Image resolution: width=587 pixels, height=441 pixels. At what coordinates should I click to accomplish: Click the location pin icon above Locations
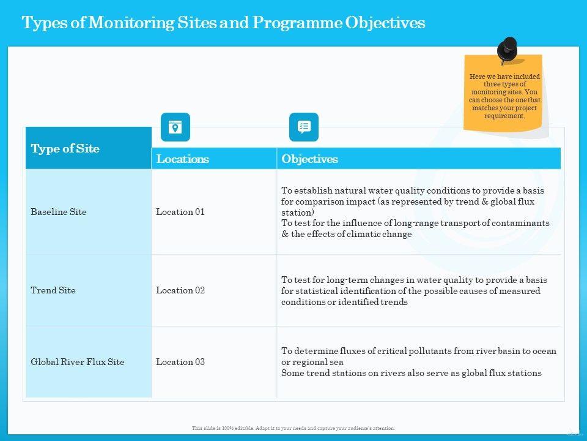coord(175,127)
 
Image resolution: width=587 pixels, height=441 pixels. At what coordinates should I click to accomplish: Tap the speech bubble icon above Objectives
coord(304,127)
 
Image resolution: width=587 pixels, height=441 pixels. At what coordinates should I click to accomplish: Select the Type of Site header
coord(65,149)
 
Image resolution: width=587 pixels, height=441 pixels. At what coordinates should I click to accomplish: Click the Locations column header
coord(182,159)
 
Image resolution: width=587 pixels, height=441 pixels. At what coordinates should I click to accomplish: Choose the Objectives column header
coord(309,159)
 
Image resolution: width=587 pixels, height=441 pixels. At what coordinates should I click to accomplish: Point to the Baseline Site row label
coord(59,212)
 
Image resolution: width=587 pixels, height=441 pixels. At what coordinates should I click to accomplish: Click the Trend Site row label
coord(53,290)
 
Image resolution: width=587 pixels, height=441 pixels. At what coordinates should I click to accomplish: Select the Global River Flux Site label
coord(78,362)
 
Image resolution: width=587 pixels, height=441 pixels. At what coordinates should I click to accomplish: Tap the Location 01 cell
coord(180,212)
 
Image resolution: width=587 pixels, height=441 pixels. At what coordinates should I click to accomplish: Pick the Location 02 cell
coord(180,290)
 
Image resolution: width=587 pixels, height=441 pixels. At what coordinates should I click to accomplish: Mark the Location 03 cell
coord(180,362)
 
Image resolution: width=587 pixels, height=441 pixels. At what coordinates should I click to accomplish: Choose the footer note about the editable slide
coord(293,428)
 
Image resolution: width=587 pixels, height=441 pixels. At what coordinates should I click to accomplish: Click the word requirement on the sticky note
coord(504,116)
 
